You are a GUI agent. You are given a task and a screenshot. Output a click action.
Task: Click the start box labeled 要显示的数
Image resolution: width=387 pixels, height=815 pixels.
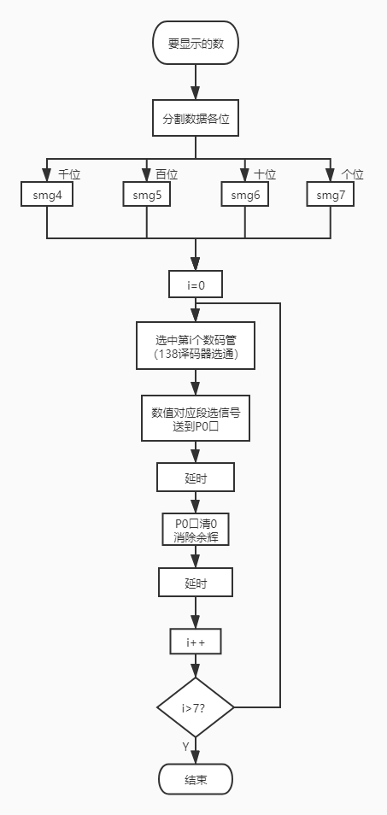click(x=196, y=43)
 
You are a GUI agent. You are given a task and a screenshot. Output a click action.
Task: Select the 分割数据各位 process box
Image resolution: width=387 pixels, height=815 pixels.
click(x=196, y=119)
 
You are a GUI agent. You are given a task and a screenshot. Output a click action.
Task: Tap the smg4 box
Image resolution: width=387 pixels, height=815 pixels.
click(x=47, y=195)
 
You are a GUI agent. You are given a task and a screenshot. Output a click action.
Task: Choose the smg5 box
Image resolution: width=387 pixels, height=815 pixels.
click(x=147, y=195)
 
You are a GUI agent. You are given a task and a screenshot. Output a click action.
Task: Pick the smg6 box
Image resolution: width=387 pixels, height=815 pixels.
click(x=245, y=195)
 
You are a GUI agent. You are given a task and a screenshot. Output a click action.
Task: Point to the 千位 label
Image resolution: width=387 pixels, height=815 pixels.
click(x=69, y=174)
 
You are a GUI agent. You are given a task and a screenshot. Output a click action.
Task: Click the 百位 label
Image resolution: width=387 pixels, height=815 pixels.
click(x=167, y=174)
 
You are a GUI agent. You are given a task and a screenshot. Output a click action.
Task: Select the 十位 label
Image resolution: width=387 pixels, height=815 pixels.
click(x=265, y=174)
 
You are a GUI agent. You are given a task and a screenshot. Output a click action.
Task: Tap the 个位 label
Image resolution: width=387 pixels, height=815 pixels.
click(x=352, y=174)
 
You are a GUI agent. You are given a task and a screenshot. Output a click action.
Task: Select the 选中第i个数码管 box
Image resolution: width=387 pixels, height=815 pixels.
click(x=196, y=345)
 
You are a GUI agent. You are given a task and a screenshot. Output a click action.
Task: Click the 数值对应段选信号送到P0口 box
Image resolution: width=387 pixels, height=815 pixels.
click(x=196, y=418)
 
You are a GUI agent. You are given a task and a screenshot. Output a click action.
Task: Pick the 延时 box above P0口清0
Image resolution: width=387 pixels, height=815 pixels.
click(x=196, y=478)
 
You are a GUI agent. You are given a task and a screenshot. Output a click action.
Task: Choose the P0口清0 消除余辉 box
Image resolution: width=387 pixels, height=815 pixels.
click(x=196, y=531)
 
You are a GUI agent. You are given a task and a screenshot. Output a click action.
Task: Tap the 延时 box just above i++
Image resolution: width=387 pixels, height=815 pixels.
click(x=196, y=583)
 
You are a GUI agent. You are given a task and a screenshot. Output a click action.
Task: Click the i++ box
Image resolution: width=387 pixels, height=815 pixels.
click(x=196, y=640)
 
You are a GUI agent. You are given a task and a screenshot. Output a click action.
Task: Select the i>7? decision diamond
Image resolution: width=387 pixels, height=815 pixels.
click(x=196, y=707)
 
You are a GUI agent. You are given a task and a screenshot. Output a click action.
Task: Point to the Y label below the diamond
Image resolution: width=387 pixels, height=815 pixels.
click(x=185, y=747)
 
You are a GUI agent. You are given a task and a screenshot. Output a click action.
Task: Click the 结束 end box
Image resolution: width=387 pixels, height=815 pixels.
click(x=196, y=779)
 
